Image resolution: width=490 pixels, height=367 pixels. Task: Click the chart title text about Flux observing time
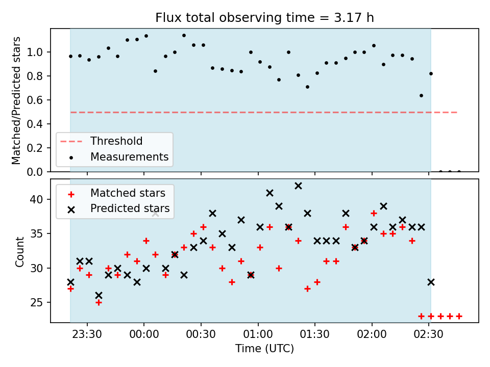point(264,17)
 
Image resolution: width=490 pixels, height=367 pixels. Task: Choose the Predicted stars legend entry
point(119,208)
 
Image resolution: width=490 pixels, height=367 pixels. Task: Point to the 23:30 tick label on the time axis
point(87,334)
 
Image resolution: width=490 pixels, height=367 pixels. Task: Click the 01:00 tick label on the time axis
point(258,334)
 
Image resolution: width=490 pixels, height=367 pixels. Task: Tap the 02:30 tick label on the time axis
point(428,334)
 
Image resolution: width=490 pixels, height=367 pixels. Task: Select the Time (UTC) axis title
point(264,348)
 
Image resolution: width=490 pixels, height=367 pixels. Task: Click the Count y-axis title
point(20,252)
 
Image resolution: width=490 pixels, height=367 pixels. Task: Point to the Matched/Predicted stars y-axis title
point(16,100)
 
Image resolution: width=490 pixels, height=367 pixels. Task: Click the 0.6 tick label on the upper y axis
point(35,100)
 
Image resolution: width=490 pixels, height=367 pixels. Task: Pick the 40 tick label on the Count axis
point(37,199)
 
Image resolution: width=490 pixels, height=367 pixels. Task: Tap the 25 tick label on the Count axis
point(37,302)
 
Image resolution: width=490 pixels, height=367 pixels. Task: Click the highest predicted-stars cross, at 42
point(298,186)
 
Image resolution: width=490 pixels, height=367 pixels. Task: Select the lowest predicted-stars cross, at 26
point(99,295)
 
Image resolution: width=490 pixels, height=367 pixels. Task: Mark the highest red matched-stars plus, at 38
point(374,214)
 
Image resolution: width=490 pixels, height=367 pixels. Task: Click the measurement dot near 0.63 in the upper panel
point(421,95)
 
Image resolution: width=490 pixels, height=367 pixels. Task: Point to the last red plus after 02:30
point(459,317)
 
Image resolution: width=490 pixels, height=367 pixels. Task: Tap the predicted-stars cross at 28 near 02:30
point(431,282)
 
